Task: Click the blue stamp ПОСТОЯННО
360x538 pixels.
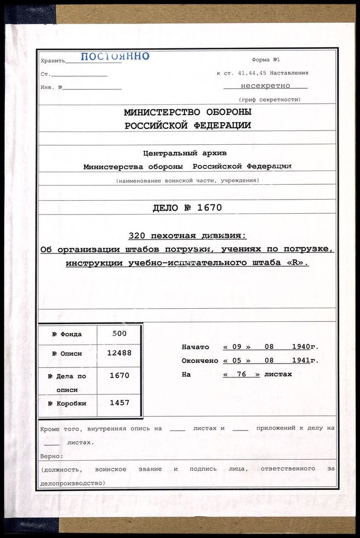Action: [x=115, y=56]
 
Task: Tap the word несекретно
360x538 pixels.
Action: [x=265, y=86]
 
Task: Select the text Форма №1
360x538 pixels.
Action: [x=266, y=59]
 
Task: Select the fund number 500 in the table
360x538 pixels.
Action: [x=119, y=333]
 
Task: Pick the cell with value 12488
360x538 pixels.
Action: [x=119, y=353]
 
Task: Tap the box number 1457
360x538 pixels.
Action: [x=119, y=403]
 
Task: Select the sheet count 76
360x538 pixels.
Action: [x=241, y=375]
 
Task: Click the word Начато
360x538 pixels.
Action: [x=195, y=347]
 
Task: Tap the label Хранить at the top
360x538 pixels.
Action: [x=53, y=60]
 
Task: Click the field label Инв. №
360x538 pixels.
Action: [x=51, y=87]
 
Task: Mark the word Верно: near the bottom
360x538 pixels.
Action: [x=52, y=456]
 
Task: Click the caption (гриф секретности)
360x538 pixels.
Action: [x=269, y=99]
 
